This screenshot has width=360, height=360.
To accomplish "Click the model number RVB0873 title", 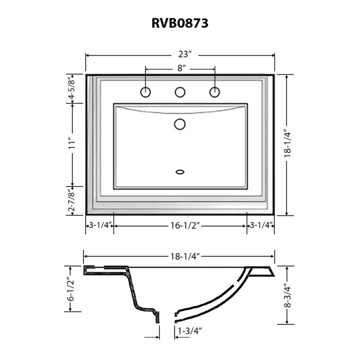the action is coord(180,23).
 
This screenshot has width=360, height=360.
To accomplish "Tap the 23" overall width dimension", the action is coord(185,55).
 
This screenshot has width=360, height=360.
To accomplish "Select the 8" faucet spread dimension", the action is coord(182,68).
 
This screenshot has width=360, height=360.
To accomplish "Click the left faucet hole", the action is coord(146,92).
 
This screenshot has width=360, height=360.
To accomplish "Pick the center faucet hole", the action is coord(180,92).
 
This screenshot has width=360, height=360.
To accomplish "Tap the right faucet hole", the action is coord(214,92).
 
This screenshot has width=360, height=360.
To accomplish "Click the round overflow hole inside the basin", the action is coord(180,124).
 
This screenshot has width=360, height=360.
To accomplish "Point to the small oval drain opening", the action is coord(180,172).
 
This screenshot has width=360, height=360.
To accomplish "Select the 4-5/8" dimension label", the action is coord(72,89).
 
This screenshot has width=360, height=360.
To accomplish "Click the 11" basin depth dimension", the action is coord(72,143).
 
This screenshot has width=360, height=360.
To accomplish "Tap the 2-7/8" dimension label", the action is coord(72,201).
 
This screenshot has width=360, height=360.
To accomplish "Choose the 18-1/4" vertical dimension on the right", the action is coord(287,145).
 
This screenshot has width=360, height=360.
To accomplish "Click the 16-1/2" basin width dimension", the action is coord(185,226).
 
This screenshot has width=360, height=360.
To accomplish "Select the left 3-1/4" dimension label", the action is coord(100,225).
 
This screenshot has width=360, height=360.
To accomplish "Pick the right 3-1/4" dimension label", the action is coord(261,225).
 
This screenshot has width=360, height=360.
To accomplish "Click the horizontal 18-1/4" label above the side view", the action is coord(185,257).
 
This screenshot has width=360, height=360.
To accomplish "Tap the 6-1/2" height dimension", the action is coord(71,289).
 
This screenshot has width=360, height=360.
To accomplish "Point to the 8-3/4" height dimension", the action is coord(287,297).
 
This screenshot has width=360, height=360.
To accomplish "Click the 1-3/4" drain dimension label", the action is coord(190,331).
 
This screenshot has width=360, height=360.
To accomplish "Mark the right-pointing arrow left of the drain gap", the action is coord(152,337).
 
